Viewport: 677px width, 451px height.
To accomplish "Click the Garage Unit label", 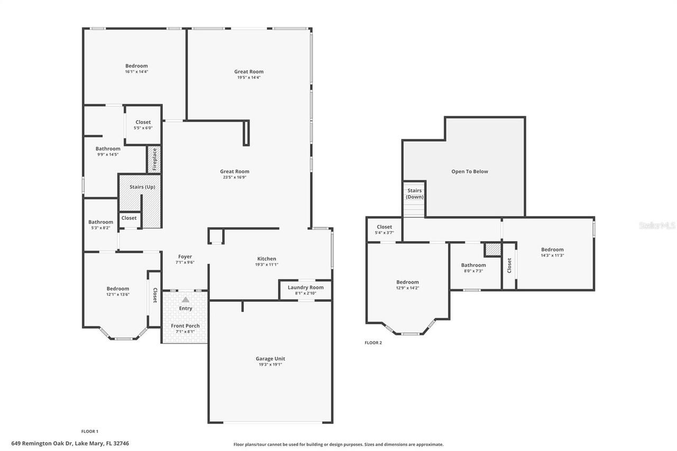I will pyautogui.click(x=270, y=358).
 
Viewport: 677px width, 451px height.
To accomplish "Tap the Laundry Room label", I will pyautogui.click(x=305, y=288).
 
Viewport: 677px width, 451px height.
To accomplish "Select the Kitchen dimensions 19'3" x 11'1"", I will pyautogui.click(x=267, y=264).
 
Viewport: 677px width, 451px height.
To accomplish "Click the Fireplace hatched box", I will pyautogui.click(x=154, y=159).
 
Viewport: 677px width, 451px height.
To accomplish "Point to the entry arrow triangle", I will pyautogui.click(x=185, y=299).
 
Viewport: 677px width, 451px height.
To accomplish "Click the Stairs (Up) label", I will pyautogui.click(x=142, y=187).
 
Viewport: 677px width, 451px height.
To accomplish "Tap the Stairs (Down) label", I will pyautogui.click(x=414, y=194).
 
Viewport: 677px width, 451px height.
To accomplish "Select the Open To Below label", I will pyautogui.click(x=469, y=171).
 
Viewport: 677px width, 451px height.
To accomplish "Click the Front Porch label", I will pyautogui.click(x=185, y=326).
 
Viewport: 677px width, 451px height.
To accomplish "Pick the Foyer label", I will pyautogui.click(x=185, y=256).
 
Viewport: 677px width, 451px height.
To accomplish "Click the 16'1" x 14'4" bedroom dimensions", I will pyautogui.click(x=136, y=71).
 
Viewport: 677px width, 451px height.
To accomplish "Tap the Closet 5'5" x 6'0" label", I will pyautogui.click(x=143, y=122).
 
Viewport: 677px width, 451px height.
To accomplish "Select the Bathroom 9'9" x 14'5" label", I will pyautogui.click(x=108, y=149).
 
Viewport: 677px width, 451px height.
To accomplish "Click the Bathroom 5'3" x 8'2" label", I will pyautogui.click(x=100, y=222).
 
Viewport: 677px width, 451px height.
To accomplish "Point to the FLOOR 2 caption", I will pyautogui.click(x=373, y=343).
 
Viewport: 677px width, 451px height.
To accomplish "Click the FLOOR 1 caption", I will pyautogui.click(x=89, y=431).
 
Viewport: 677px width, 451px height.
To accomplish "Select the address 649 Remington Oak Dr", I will pyautogui.click(x=70, y=444).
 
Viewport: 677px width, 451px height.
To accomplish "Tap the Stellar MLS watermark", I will pyautogui.click(x=657, y=225).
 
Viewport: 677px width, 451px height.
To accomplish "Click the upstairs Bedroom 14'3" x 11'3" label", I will pyautogui.click(x=552, y=250).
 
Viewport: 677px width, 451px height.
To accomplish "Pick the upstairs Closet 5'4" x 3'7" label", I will pyautogui.click(x=385, y=227).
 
